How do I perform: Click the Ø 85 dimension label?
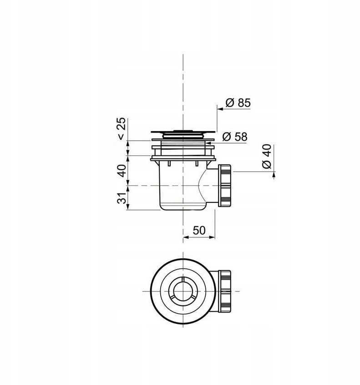238,103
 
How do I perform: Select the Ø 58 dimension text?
235,137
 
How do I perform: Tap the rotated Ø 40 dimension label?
267,156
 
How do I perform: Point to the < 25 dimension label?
122,128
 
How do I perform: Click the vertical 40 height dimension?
122,170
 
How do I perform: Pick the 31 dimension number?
122,198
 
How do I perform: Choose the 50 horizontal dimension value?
199,230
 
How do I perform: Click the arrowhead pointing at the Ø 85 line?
220,108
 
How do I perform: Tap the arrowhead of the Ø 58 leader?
207,143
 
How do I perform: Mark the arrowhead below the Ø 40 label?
274,175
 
